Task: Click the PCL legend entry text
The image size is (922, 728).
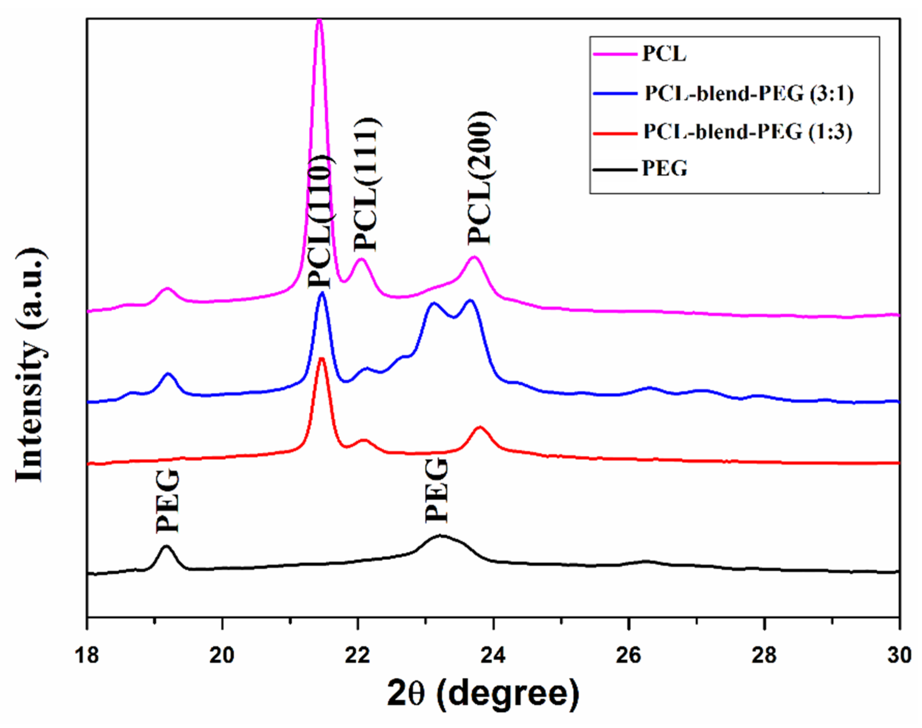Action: (x=664, y=54)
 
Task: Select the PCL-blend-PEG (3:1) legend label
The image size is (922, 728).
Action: (x=749, y=94)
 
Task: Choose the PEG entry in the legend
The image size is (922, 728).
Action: (x=665, y=169)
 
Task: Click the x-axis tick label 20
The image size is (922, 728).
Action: (x=222, y=655)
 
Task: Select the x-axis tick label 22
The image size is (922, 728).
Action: (x=357, y=655)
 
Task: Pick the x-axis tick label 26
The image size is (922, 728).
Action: (x=628, y=655)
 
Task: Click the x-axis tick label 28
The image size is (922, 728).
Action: (x=764, y=655)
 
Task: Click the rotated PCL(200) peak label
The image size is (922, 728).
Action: (x=481, y=178)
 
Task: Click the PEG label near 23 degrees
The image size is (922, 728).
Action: (x=437, y=491)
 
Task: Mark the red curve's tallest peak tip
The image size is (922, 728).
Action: (x=322, y=359)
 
